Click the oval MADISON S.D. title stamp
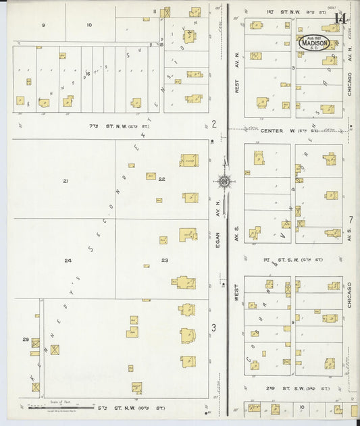pyautogui.click(x=314, y=43)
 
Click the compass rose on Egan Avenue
pyautogui.click(x=224, y=180)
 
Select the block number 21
pyautogui.click(x=66, y=181)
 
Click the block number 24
pyautogui.click(x=68, y=260)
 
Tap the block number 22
pyautogui.click(x=162, y=178)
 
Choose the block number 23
pyautogui.click(x=164, y=260)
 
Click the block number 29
pyautogui.click(x=26, y=339)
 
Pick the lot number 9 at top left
pyautogui.click(x=44, y=25)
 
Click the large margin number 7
pyautogui.click(x=351, y=219)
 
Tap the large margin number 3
pyautogui.click(x=214, y=328)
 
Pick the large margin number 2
pyautogui.click(x=214, y=124)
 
